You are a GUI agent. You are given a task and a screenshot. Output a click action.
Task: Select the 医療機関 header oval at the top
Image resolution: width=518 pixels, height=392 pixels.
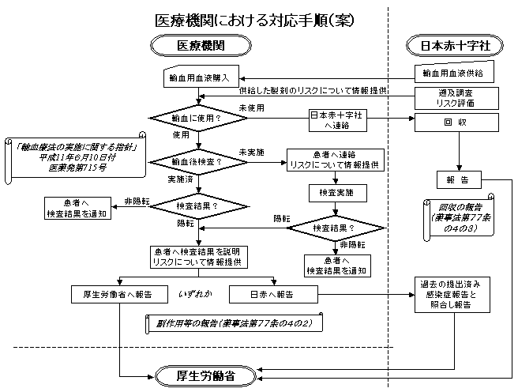coord(198,47)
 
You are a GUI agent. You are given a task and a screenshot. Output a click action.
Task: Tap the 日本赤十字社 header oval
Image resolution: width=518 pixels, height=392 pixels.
coord(451,47)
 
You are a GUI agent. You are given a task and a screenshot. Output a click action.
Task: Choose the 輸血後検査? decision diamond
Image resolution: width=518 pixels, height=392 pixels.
coord(198,161)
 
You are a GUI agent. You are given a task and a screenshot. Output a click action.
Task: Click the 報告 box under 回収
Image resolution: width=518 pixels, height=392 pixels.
coord(458,180)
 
